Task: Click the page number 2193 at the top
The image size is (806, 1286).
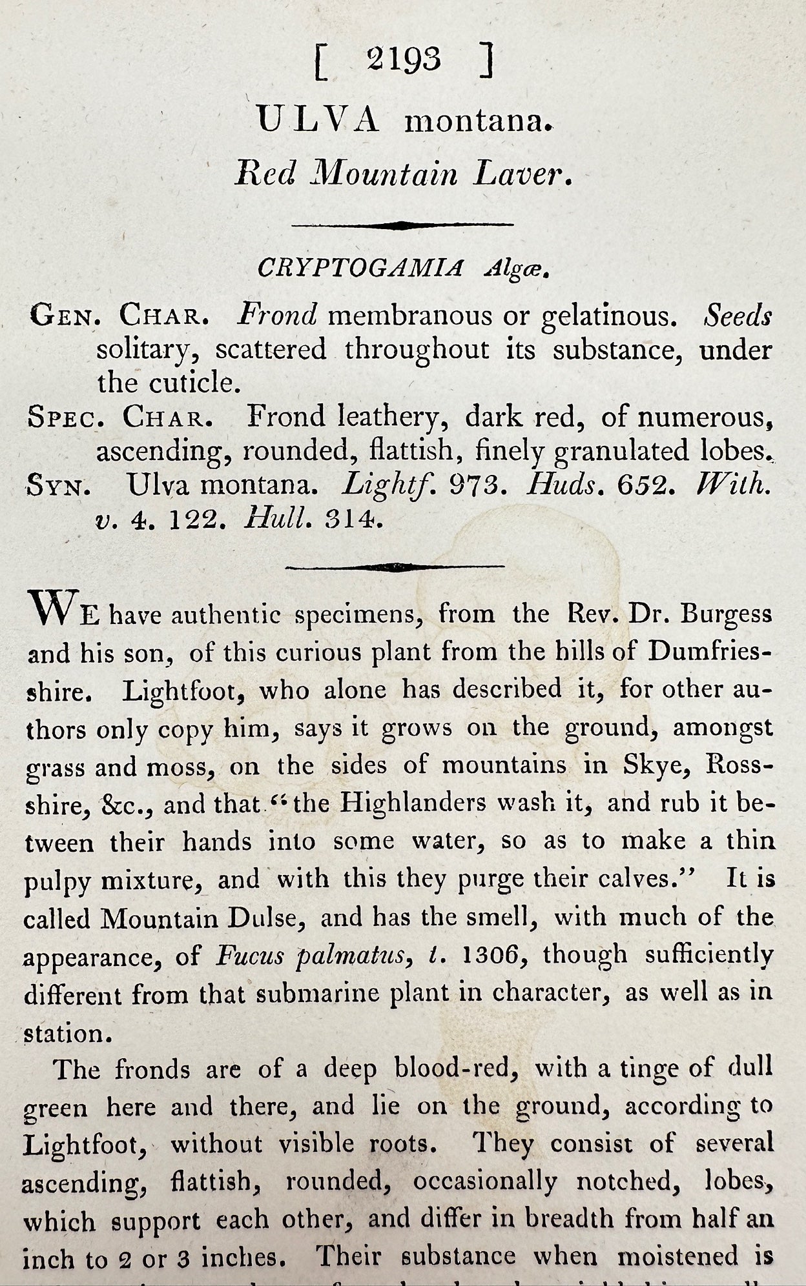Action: [x=404, y=61]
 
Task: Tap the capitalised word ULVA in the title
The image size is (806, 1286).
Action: [x=318, y=121]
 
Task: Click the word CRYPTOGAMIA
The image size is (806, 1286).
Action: [x=360, y=268]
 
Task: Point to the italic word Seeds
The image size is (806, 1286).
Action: [x=738, y=316]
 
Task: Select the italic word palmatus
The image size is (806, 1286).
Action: [x=350, y=956]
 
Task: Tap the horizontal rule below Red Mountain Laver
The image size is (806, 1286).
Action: [x=402, y=225]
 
